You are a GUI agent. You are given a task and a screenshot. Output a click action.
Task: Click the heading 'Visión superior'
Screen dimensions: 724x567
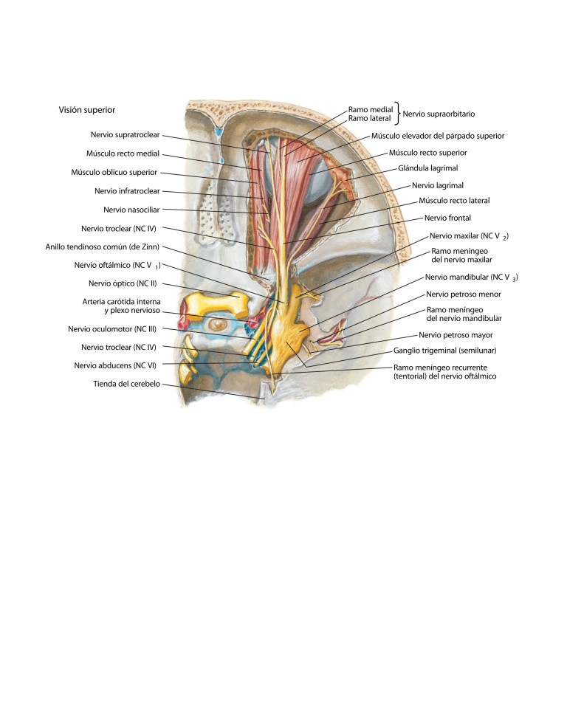tap(87, 110)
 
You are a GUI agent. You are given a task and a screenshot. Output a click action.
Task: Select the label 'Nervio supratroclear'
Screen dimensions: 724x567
tap(123, 135)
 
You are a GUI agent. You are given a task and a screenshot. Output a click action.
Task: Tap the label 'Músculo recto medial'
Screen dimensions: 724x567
tap(123, 154)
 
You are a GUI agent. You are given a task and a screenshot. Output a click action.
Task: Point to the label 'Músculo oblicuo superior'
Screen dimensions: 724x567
tap(114, 173)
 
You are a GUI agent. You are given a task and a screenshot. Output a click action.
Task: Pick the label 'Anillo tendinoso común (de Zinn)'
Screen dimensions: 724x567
tap(103, 246)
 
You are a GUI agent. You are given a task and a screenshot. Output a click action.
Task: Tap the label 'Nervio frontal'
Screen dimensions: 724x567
tap(447, 218)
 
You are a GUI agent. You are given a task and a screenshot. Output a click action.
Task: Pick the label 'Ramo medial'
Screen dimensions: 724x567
tap(370, 109)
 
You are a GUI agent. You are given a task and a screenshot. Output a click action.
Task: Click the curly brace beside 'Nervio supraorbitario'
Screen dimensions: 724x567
tap(397, 114)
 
